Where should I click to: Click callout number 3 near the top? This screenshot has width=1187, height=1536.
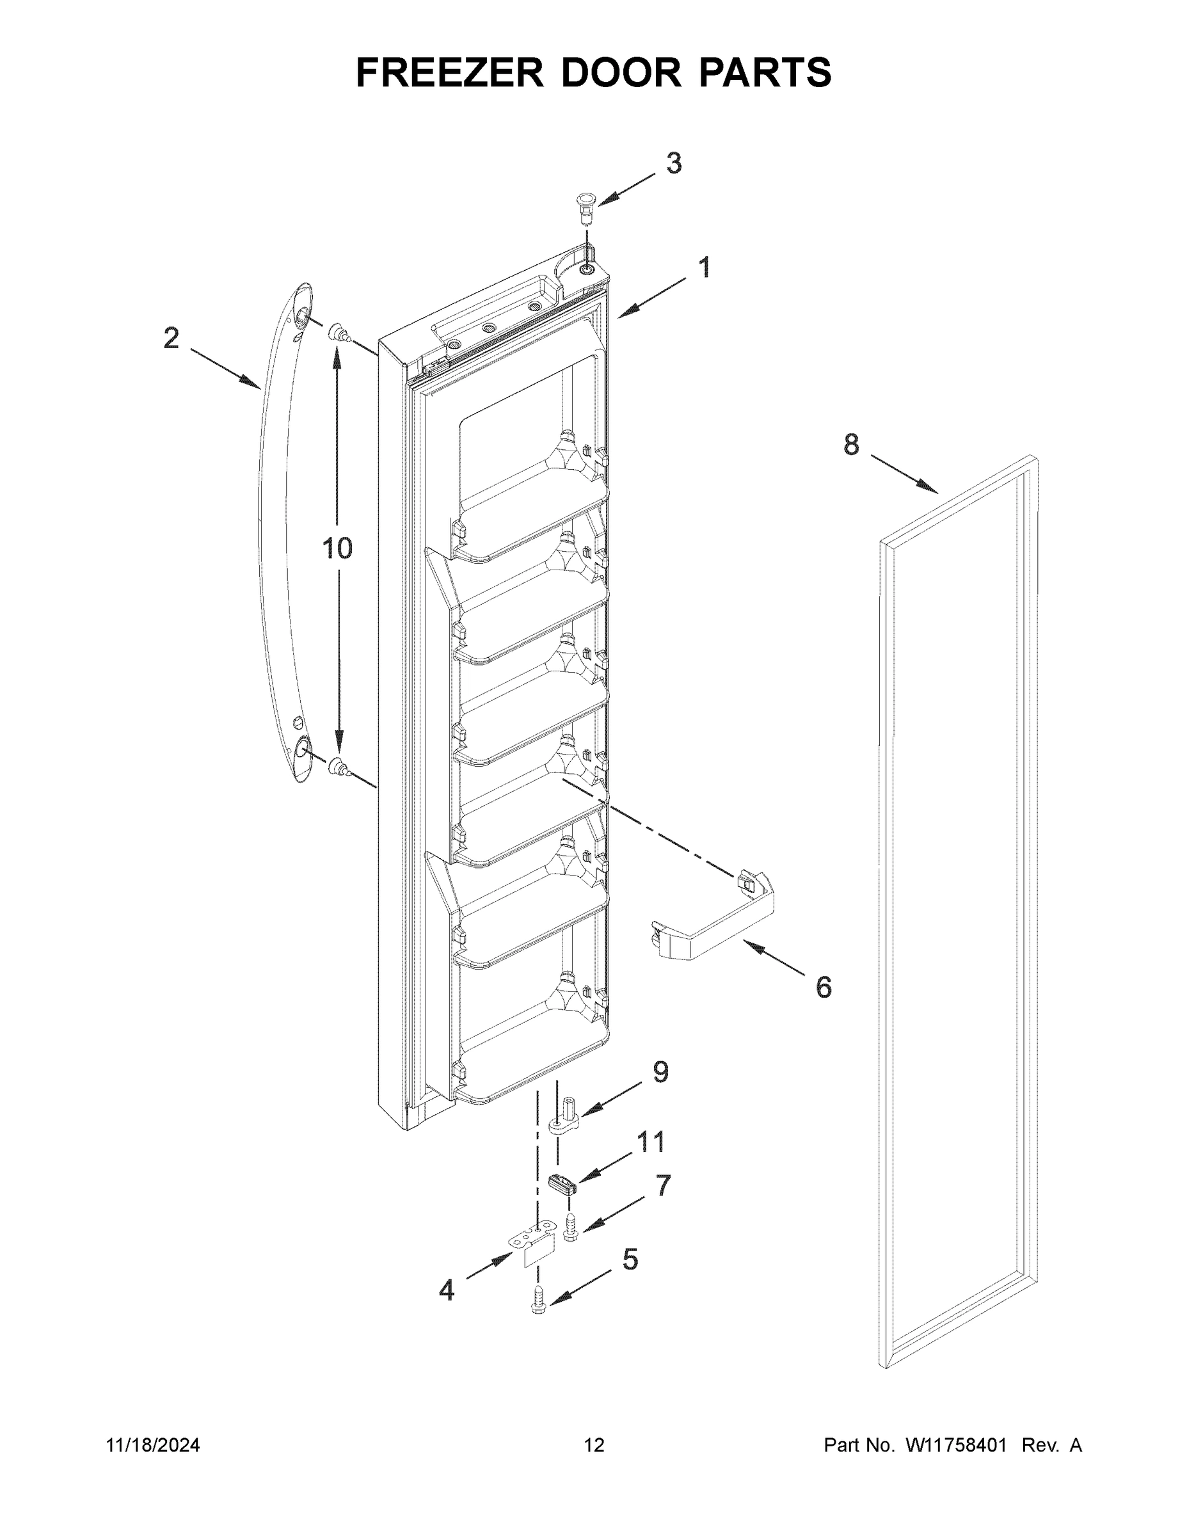pos(673,164)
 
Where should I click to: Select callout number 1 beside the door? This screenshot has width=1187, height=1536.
pos(704,268)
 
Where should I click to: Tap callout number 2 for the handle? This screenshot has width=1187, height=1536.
pos(171,339)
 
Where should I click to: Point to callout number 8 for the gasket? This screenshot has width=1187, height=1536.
pos(851,445)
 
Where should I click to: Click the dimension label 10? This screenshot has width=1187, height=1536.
pos(337,548)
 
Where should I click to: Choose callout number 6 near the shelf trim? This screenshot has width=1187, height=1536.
pos(824,988)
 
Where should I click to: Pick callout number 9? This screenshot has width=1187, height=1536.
pos(660,1072)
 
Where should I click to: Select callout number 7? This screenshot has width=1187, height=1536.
pos(663,1186)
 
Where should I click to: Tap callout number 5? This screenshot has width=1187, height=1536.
pos(630,1260)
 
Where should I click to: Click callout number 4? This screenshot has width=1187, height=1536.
pos(447,1290)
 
